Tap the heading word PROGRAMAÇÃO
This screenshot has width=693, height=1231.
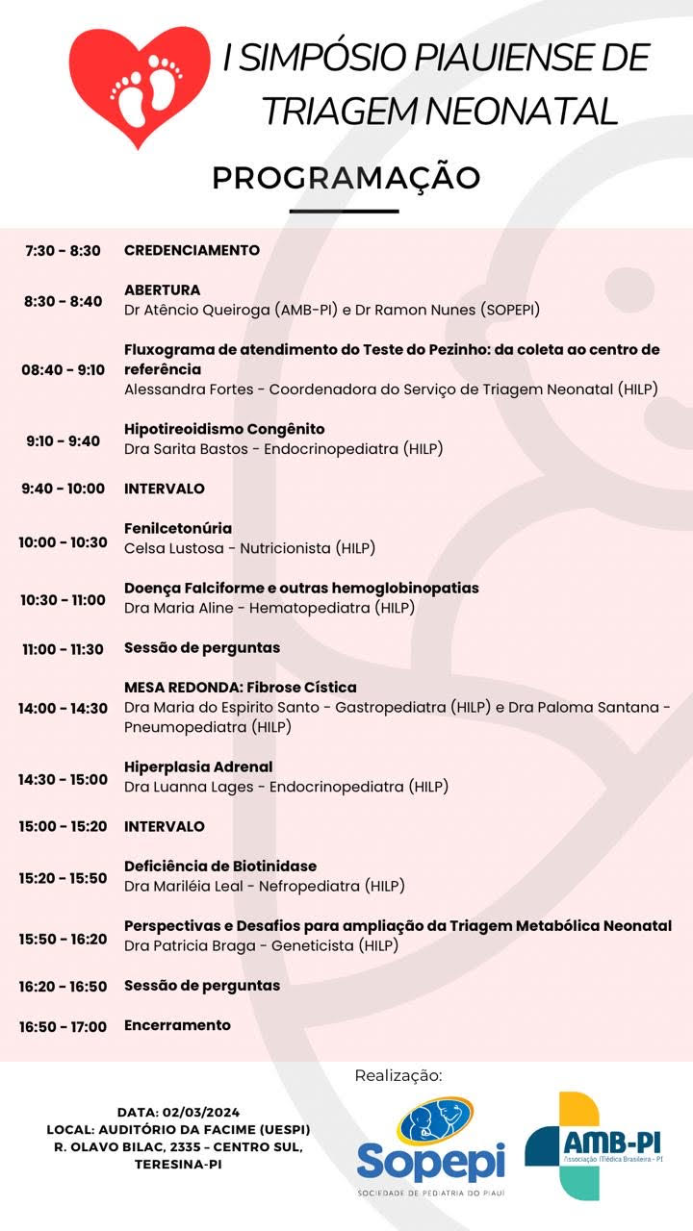pos(346,178)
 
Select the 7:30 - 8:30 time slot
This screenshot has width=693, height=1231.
pos(63,251)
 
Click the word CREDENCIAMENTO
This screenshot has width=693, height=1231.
pos(192,250)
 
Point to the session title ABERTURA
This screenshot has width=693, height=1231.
pos(162,289)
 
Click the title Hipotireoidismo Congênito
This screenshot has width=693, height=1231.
pos(224,429)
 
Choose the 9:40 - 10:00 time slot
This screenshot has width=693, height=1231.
pos(63,489)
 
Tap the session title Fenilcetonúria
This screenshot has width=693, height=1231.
pos(178,528)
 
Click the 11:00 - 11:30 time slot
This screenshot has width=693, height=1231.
pos(63,649)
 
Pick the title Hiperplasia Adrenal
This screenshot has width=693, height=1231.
pos(198,766)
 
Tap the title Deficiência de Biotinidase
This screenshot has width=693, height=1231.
pos(220,866)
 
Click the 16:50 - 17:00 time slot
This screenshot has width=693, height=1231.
pos(63,1026)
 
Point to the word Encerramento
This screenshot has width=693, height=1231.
pos(177,1025)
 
